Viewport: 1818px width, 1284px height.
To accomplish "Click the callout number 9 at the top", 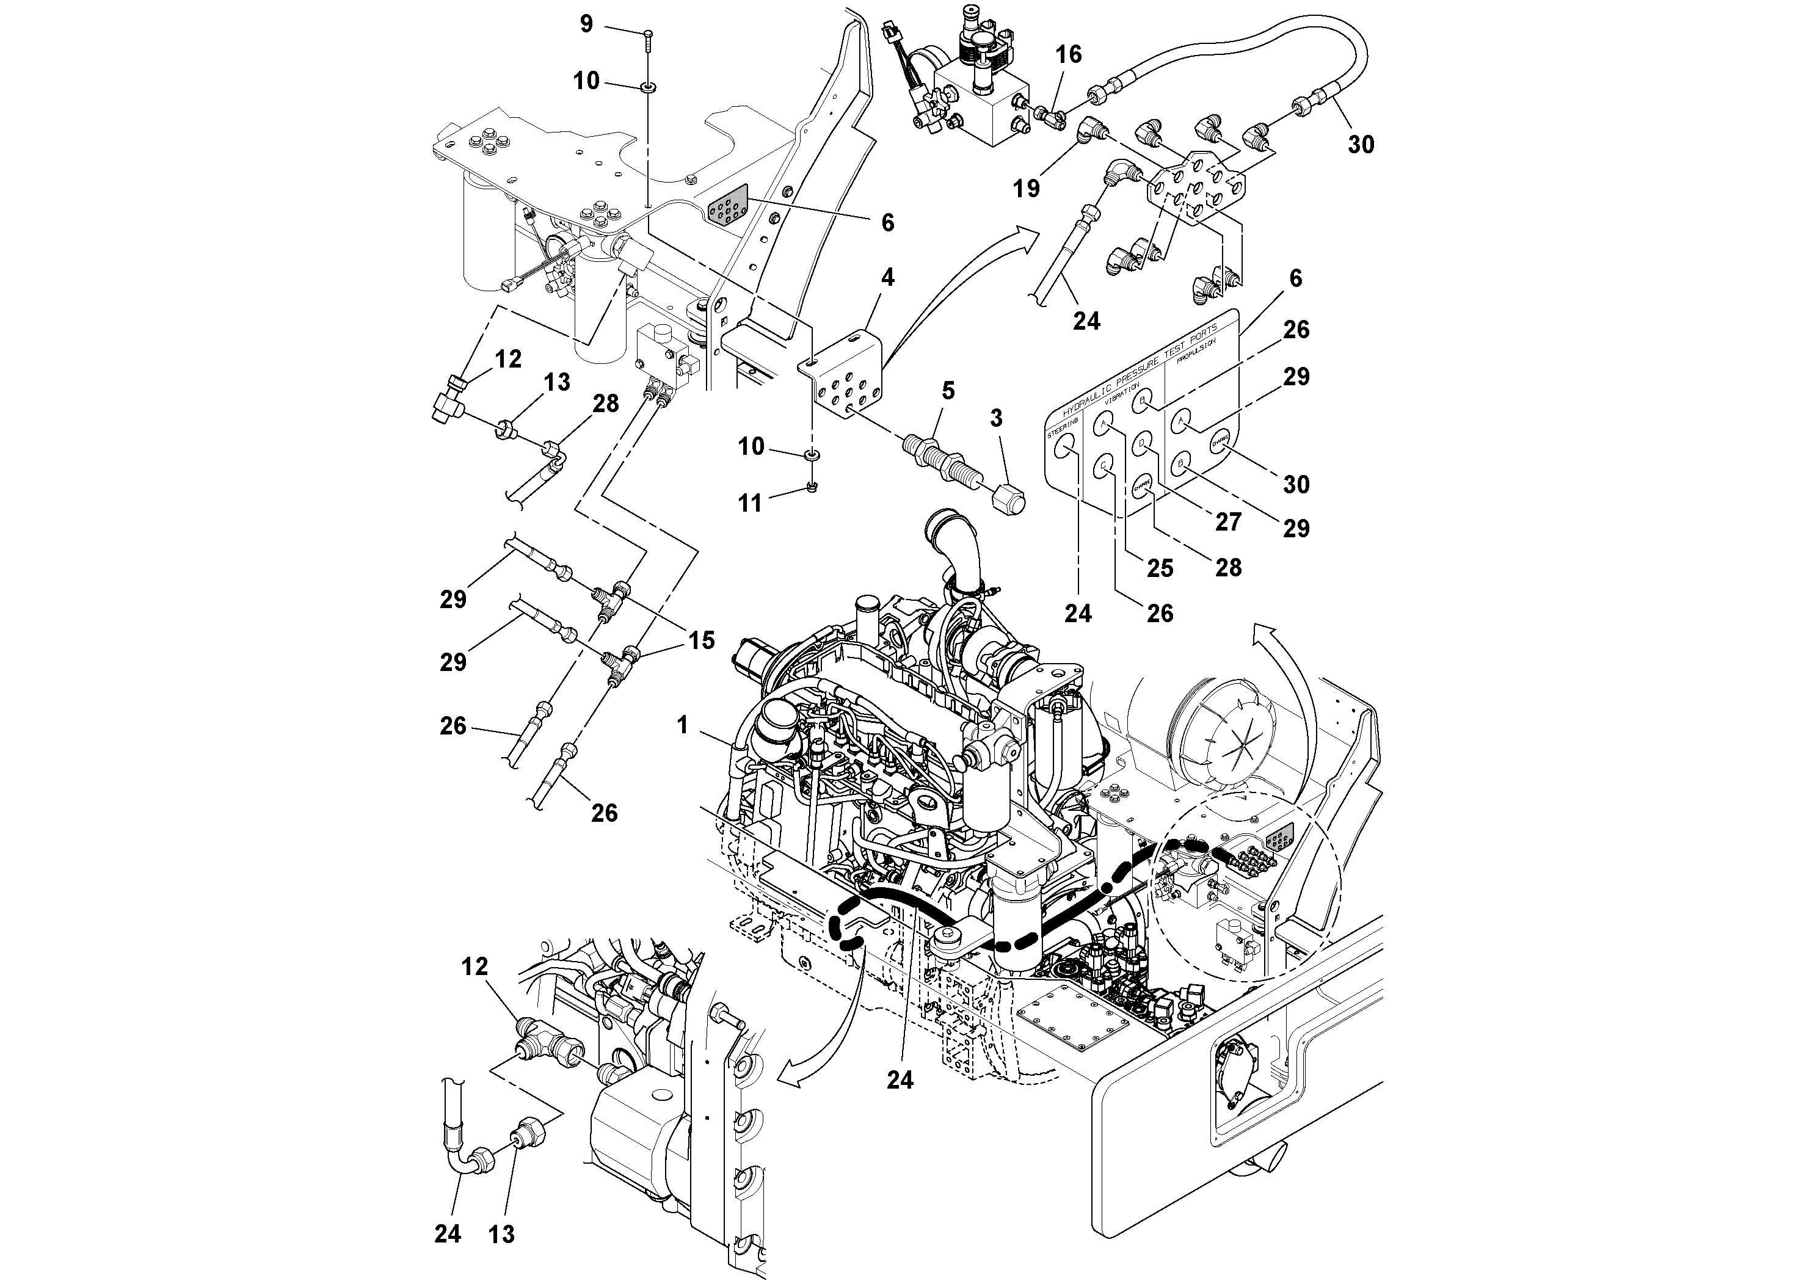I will coord(586,24).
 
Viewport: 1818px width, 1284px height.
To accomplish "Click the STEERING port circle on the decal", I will coord(1066,449).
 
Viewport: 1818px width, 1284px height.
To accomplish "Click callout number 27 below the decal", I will coord(1228,521).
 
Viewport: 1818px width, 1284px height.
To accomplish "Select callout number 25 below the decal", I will coord(1160,568).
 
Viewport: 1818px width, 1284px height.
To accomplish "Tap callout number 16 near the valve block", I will coord(1068,54).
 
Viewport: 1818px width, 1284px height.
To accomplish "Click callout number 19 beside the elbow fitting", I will coord(1026,189).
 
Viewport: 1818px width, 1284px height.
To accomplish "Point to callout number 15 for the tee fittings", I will coord(702,640).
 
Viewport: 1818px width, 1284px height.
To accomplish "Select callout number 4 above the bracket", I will coord(887,277).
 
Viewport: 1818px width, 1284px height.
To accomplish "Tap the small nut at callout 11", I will coord(812,487).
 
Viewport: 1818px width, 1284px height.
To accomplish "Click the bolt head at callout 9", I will coord(648,32).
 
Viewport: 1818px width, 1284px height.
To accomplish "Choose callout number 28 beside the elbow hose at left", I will coord(606,403).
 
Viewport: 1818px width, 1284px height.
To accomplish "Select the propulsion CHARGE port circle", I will coord(1218,443).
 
